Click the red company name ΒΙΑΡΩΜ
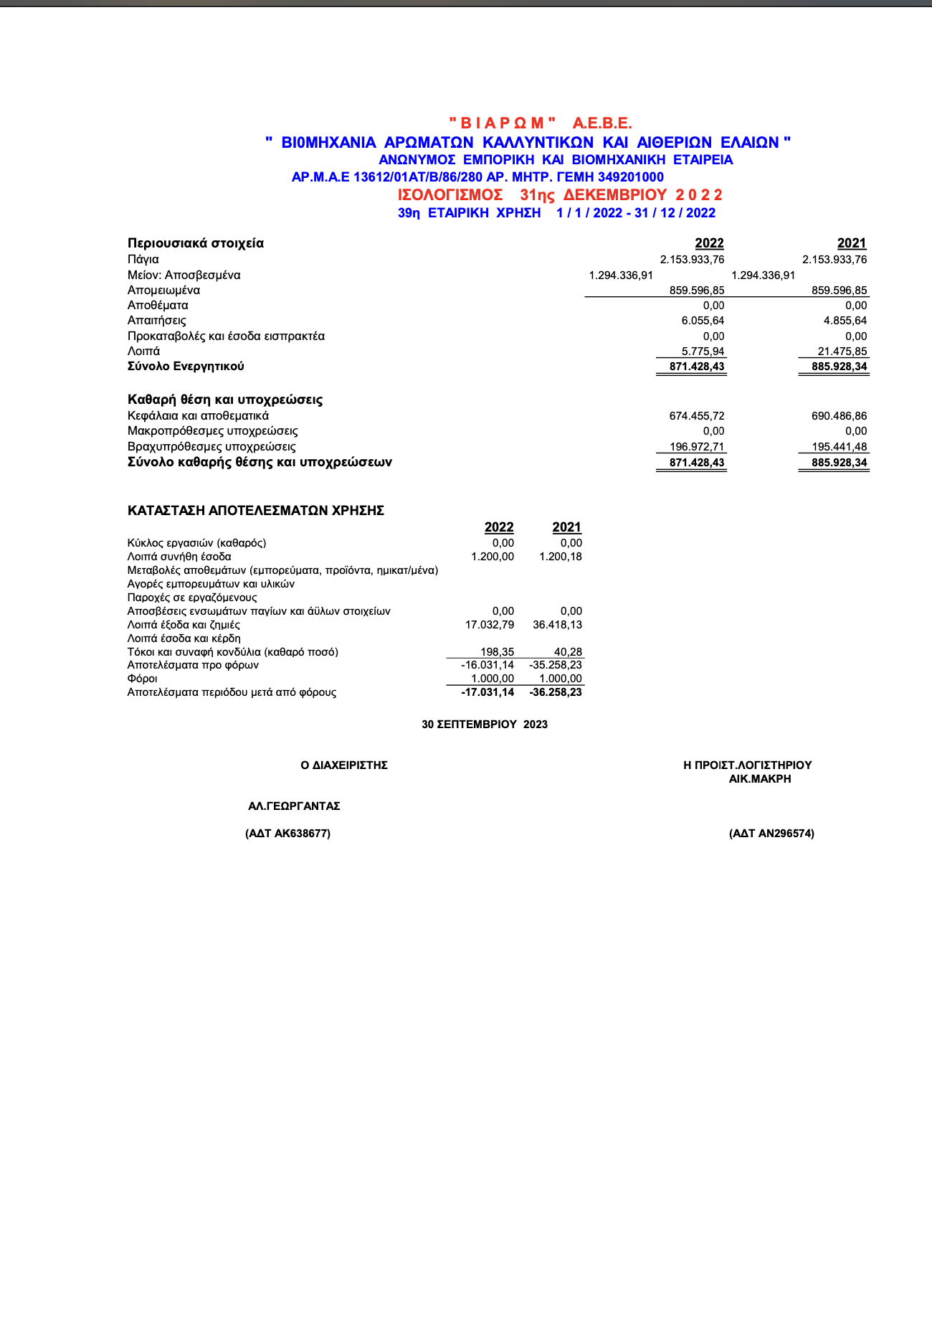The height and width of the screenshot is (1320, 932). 502,123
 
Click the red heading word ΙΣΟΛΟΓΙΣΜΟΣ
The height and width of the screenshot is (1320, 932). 450,195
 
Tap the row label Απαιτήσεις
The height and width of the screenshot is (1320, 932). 156,321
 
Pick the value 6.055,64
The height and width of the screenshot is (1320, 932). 703,321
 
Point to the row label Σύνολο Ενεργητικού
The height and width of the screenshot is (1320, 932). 186,367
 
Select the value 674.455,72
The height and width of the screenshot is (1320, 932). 697,416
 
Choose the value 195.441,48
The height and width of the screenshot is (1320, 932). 839,447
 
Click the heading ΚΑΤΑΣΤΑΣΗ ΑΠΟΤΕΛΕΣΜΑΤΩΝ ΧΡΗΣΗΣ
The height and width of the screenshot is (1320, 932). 256,511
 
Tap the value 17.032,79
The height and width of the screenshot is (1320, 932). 490,625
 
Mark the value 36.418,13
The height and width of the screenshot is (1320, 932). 557,625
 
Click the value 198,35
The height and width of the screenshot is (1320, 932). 497,652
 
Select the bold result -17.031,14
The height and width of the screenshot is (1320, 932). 488,692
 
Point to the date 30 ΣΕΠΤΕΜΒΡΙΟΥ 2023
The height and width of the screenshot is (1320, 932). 485,725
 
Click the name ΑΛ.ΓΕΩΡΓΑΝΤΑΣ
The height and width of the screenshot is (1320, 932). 294,806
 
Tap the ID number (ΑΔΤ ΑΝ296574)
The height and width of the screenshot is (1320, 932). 771,834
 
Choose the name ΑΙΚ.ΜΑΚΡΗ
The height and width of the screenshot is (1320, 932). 760,779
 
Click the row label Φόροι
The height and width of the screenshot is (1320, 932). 142,679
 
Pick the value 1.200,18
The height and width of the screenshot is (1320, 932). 561,557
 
